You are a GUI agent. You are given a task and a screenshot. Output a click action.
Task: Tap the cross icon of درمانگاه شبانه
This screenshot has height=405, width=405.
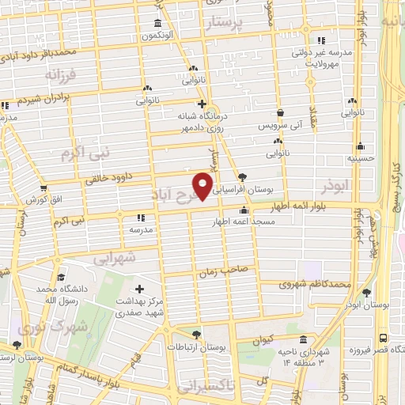click(x=202, y=103)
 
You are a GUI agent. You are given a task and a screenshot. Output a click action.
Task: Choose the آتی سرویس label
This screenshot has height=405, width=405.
click(x=280, y=126)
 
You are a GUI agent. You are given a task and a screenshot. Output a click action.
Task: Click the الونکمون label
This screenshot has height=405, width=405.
click(x=158, y=36)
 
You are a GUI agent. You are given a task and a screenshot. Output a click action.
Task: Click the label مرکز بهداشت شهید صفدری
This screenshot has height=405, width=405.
click(x=143, y=307)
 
